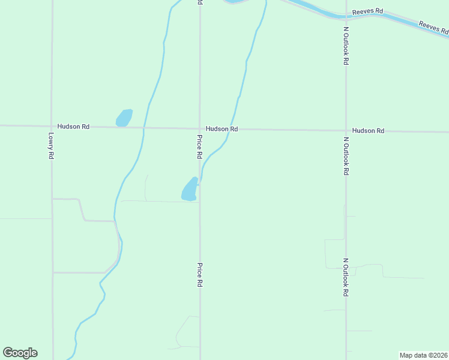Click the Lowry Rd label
51,146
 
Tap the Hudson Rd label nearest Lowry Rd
73,127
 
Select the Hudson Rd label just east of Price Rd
221,129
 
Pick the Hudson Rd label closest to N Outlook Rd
368,130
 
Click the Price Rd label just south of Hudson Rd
199,146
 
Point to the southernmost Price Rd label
199,275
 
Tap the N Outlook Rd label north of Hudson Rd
346,48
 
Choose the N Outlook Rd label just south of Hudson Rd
346,156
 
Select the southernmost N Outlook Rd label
346,277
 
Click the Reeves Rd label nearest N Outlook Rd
368,11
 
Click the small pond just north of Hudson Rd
124,118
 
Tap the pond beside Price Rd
190,190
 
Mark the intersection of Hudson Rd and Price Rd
200,128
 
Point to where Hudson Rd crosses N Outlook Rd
346,130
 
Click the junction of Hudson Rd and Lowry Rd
52,126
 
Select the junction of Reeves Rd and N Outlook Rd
346,16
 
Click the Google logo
20,353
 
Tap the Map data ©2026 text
423,355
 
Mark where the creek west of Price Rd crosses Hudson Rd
144,128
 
